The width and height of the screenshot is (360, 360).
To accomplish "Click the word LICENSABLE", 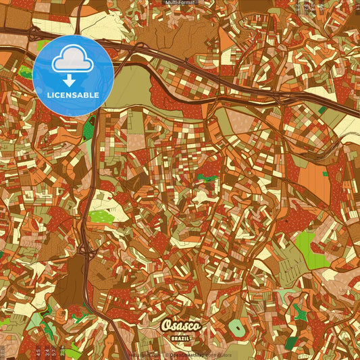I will click(x=73, y=95).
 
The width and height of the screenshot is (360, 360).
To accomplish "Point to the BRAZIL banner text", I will click(x=180, y=338).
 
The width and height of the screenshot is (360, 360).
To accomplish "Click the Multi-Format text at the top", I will click(x=180, y=3).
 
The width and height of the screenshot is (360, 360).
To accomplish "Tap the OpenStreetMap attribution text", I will click(x=187, y=355).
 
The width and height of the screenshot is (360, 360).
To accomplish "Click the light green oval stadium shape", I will click(x=237, y=329).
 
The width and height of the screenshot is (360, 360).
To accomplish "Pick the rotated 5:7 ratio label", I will click(x=54, y=351).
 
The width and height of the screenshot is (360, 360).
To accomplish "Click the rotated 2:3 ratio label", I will click(x=63, y=351).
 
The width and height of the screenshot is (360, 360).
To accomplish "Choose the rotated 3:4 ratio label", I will click(x=46, y=351).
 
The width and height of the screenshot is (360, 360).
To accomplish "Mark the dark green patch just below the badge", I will click(x=88, y=128).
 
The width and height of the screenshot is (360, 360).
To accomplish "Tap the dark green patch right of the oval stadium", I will click(x=292, y=343).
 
